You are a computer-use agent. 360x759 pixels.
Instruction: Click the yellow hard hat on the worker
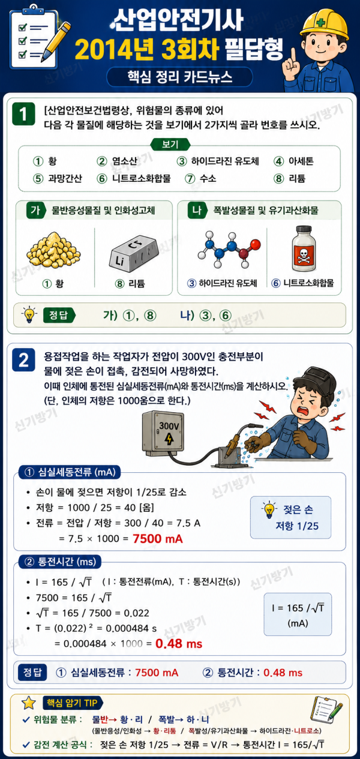[325, 24]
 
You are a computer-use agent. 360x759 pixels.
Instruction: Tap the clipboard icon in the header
[33, 37]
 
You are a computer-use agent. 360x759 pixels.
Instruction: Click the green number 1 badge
[23, 114]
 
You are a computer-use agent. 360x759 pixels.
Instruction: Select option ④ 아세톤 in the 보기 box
[293, 161]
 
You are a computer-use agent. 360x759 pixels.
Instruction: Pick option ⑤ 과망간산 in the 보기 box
[57, 178]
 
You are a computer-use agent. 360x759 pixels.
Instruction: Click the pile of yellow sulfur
[53, 250]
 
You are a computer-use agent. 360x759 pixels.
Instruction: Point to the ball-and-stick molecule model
[229, 249]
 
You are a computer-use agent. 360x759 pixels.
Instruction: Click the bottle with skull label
[304, 248]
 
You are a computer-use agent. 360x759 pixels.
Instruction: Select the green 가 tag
[35, 211]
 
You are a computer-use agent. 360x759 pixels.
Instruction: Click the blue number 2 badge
[23, 359]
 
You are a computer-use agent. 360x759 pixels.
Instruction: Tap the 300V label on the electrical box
[169, 425]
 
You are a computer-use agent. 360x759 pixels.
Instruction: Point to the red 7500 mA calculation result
[158, 539]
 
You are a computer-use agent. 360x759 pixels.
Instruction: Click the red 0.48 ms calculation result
[179, 643]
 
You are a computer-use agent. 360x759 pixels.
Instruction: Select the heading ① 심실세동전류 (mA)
[70, 472]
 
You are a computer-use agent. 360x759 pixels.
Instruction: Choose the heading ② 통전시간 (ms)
[60, 562]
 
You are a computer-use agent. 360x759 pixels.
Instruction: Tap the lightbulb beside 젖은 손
[269, 509]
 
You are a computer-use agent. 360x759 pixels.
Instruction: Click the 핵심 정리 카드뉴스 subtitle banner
[179, 77]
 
